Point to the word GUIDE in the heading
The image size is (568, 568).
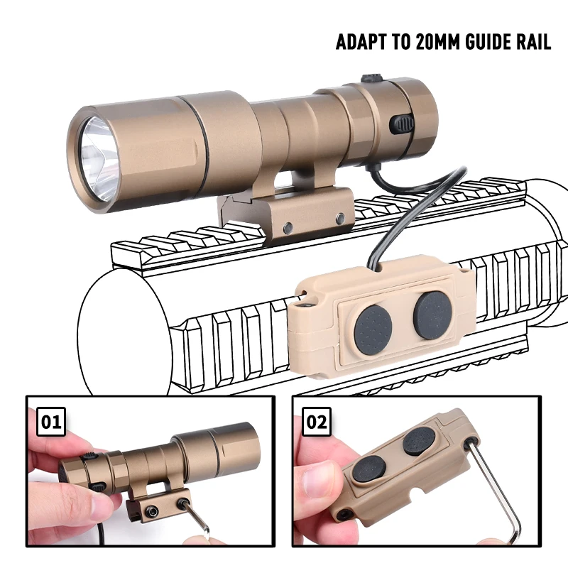(x=487, y=42)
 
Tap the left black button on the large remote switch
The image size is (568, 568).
(x=373, y=326)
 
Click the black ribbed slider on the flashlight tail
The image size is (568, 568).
(x=402, y=124)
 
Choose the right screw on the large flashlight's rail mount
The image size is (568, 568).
(x=340, y=219)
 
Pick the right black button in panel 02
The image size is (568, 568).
(x=415, y=442)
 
